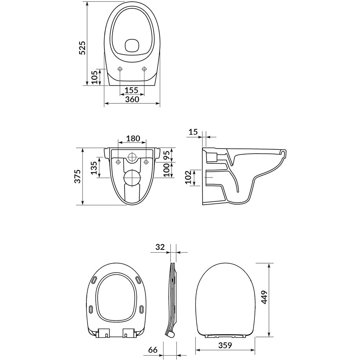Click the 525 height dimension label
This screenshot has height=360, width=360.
pos(82,48)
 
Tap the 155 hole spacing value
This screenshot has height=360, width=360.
pos(132,90)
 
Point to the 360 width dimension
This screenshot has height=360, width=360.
pos(132,100)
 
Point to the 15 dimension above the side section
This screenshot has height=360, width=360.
pos(193,132)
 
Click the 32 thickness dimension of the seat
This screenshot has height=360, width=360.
pos(160,247)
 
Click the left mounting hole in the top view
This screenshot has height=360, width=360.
pos(120,69)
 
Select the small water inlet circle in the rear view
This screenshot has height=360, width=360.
pos(132,157)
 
